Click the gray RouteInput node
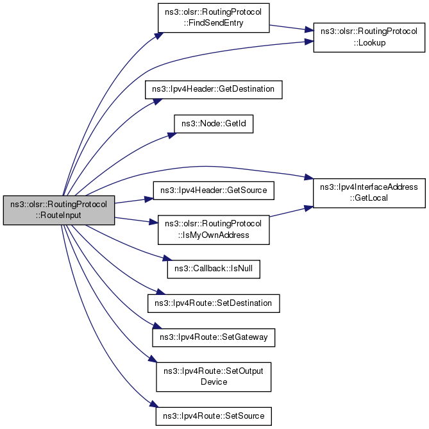(59, 210)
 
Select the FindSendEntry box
(214, 18)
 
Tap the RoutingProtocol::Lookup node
(369, 37)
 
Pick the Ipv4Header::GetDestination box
(214, 90)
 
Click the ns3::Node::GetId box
(214, 124)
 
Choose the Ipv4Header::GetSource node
(214, 190)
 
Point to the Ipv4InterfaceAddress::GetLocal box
(369, 193)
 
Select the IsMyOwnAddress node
(214, 230)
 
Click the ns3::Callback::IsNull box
(214, 269)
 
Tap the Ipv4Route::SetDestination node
(214, 303)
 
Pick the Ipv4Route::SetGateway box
(214, 337)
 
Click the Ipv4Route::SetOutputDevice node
(214, 377)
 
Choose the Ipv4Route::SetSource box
(214, 416)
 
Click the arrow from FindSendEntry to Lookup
(291, 28)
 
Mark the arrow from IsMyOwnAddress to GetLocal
(291, 212)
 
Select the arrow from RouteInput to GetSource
(134, 201)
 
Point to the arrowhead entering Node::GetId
(172, 135)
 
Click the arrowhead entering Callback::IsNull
(167, 258)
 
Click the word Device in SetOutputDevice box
(214, 382)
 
